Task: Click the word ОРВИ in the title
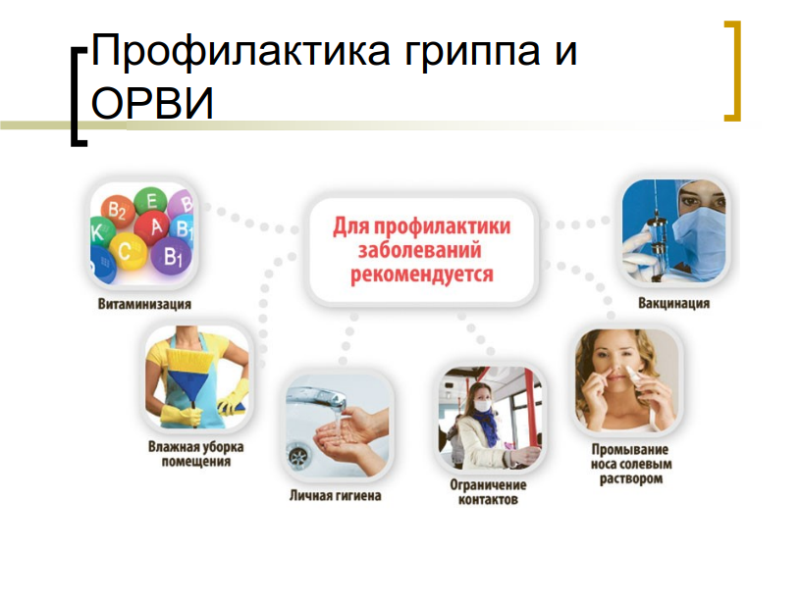click(152, 103)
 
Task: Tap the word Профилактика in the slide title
click(241, 52)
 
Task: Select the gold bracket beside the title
click(732, 71)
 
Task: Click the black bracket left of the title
click(79, 97)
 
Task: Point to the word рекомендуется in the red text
click(422, 275)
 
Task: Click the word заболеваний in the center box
click(420, 251)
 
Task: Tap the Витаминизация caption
click(144, 305)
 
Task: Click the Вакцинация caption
click(673, 304)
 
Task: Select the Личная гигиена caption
click(335, 495)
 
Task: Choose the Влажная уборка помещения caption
click(196, 454)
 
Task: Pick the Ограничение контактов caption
click(488, 492)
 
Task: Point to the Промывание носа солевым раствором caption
click(631, 465)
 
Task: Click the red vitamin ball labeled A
click(155, 227)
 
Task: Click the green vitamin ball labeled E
click(151, 201)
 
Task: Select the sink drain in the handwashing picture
click(299, 455)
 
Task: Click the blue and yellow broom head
click(189, 376)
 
